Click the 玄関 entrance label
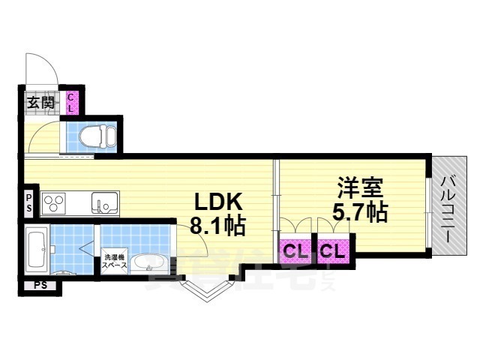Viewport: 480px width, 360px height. click(x=40, y=103)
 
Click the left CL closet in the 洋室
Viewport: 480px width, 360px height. click(x=295, y=250)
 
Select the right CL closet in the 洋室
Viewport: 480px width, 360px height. click(x=332, y=250)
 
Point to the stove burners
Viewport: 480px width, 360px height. click(x=55, y=203)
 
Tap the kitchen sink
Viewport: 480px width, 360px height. click(x=104, y=203)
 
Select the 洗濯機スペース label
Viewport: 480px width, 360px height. click(x=113, y=260)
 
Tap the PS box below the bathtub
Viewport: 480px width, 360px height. click(x=38, y=285)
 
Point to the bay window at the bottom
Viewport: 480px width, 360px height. click(x=205, y=288)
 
